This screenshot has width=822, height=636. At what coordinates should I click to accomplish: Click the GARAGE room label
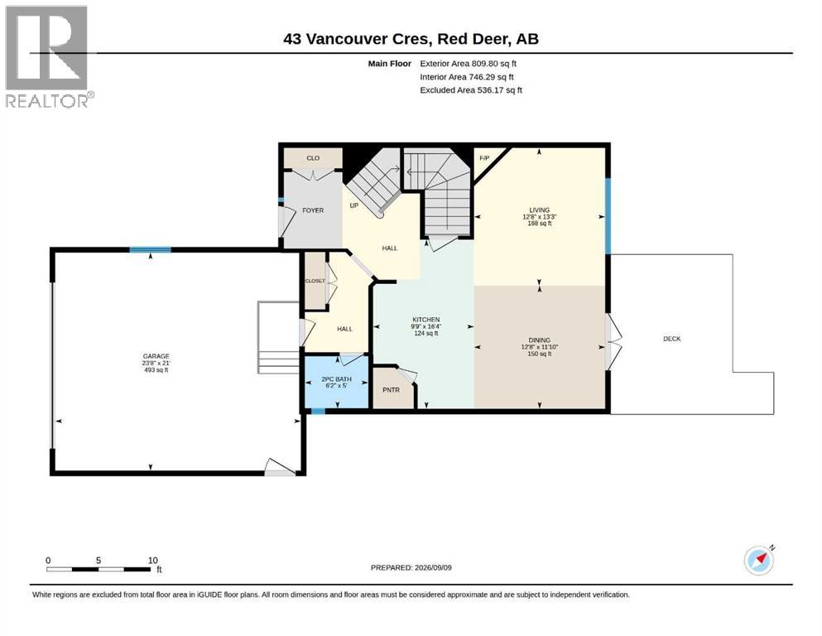click(x=156, y=356)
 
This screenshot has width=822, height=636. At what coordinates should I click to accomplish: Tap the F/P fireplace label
click(x=484, y=158)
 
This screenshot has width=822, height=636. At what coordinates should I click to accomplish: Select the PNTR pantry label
click(x=391, y=389)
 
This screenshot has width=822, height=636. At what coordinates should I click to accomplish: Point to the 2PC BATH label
click(x=337, y=379)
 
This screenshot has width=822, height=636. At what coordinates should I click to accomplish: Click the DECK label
click(x=672, y=339)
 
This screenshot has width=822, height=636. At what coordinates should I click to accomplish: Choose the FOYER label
click(x=313, y=210)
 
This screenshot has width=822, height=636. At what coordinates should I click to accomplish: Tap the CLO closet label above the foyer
click(x=313, y=158)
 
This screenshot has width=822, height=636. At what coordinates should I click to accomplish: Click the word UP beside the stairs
click(x=353, y=205)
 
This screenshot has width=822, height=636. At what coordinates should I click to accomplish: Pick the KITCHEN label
click(x=426, y=320)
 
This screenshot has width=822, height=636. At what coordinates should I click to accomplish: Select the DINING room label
click(x=540, y=340)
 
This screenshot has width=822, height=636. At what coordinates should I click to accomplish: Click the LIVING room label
click(x=540, y=210)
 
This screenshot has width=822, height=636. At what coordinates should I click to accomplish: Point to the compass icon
click(x=759, y=560)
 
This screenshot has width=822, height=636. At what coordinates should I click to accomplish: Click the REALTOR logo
click(x=47, y=56)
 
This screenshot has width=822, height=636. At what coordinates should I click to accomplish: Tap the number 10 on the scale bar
click(x=152, y=560)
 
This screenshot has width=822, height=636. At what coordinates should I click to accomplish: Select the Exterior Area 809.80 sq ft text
click(x=469, y=64)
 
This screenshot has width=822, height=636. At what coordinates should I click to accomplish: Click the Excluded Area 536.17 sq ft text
click(x=471, y=89)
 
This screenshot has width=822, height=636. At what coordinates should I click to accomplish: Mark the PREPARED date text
click(x=411, y=567)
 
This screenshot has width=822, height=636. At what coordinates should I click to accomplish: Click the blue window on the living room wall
click(x=608, y=216)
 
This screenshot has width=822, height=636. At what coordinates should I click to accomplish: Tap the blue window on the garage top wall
click(x=151, y=250)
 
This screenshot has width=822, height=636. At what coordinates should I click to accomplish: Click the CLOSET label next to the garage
click(x=315, y=281)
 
